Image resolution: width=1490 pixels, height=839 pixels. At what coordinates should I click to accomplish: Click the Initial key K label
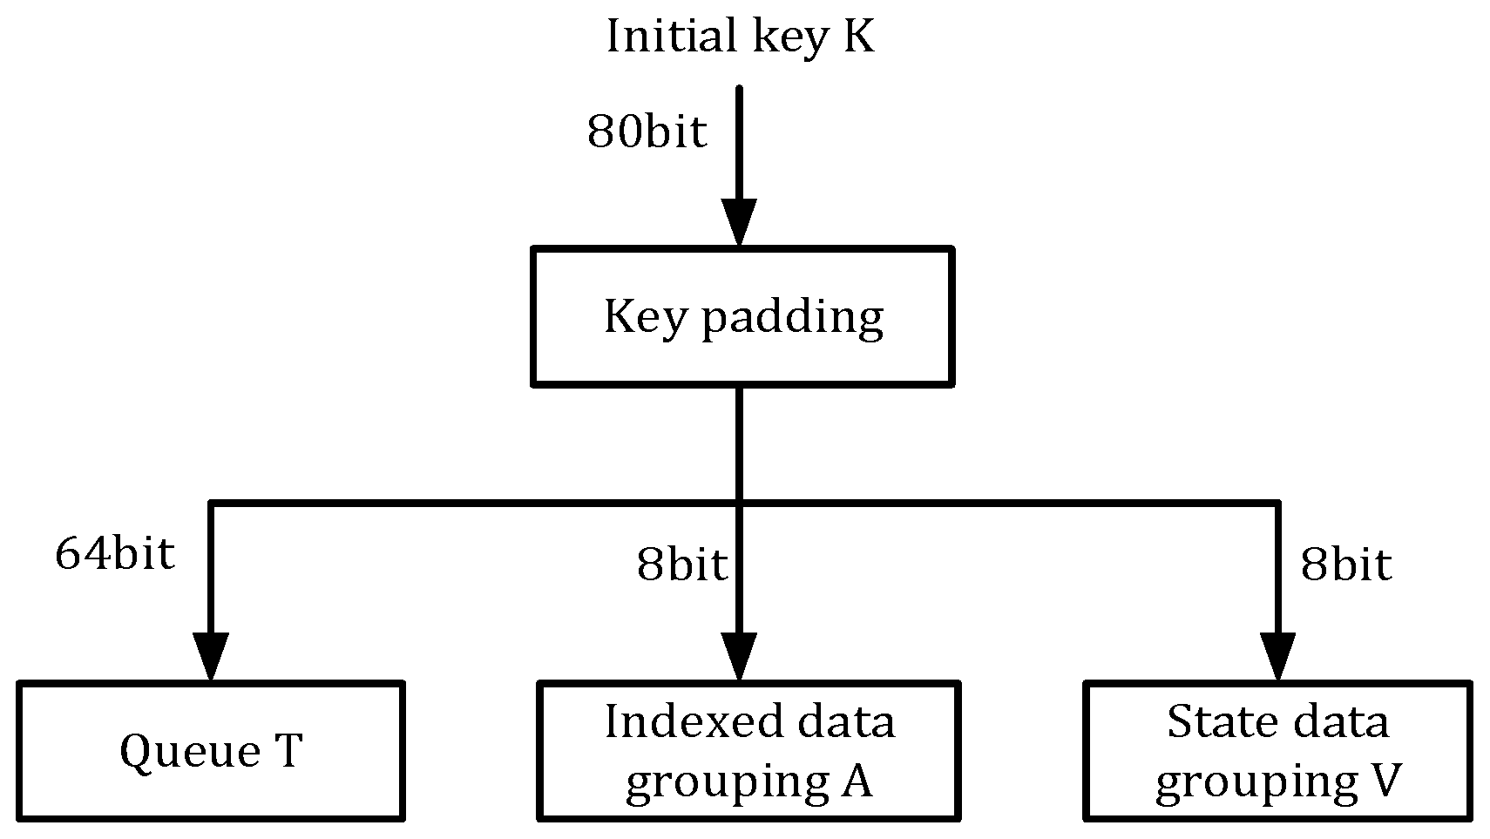pyautogui.click(x=740, y=37)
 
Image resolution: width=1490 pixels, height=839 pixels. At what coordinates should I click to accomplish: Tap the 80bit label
pyautogui.click(x=647, y=132)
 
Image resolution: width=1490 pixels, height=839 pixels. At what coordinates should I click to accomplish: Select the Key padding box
pyautogui.click(x=742, y=317)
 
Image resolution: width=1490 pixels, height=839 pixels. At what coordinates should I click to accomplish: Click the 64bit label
pyautogui.click(x=115, y=552)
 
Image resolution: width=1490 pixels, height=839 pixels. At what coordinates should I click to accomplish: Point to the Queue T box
pyautogui.click(x=211, y=751)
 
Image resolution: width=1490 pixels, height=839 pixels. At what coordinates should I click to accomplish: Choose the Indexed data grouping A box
pyautogui.click(x=748, y=751)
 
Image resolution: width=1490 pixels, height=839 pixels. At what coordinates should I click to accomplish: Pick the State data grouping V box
pyautogui.click(x=1277, y=751)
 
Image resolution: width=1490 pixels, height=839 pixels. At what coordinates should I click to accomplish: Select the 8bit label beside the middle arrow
pyautogui.click(x=681, y=565)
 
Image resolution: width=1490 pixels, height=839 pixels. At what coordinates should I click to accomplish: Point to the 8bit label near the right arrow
pyautogui.click(x=1345, y=565)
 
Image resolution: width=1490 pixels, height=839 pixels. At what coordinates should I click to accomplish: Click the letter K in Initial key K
pyautogui.click(x=858, y=37)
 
